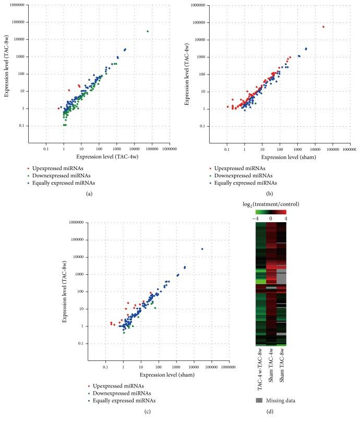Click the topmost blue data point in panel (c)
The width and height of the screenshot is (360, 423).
coord(202,249)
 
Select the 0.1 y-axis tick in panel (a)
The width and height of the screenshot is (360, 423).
coord(21,126)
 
